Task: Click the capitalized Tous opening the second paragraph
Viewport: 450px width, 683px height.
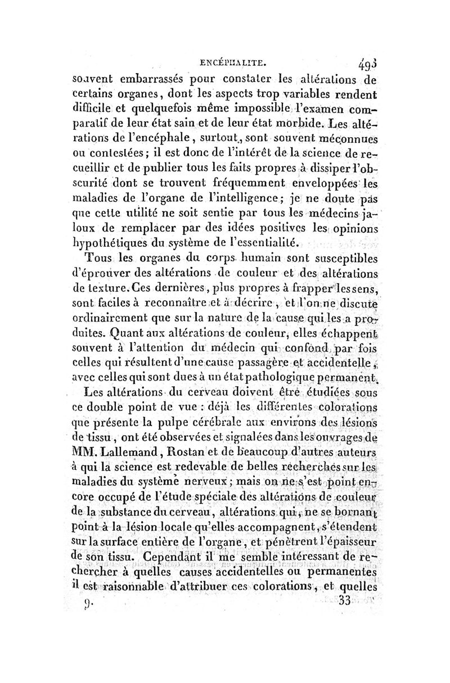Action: [99, 259]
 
